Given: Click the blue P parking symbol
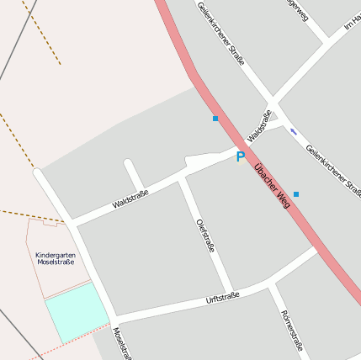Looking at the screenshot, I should coord(241,156).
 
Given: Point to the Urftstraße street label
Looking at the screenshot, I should coord(223,298).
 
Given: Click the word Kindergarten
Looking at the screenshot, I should coord(56,254).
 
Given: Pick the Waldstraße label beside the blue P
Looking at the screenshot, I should coord(259,126).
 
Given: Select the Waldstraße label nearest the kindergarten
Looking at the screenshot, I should coord(130,199).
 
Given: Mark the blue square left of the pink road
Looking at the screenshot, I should coord(215,119).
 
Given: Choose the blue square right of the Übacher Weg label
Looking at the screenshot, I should coord(296,194).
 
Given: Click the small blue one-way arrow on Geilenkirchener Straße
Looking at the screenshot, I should coord(294,131).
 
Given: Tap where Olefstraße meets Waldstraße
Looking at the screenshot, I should coord(182,178).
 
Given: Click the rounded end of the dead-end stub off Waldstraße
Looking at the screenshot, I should coord(129,163).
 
